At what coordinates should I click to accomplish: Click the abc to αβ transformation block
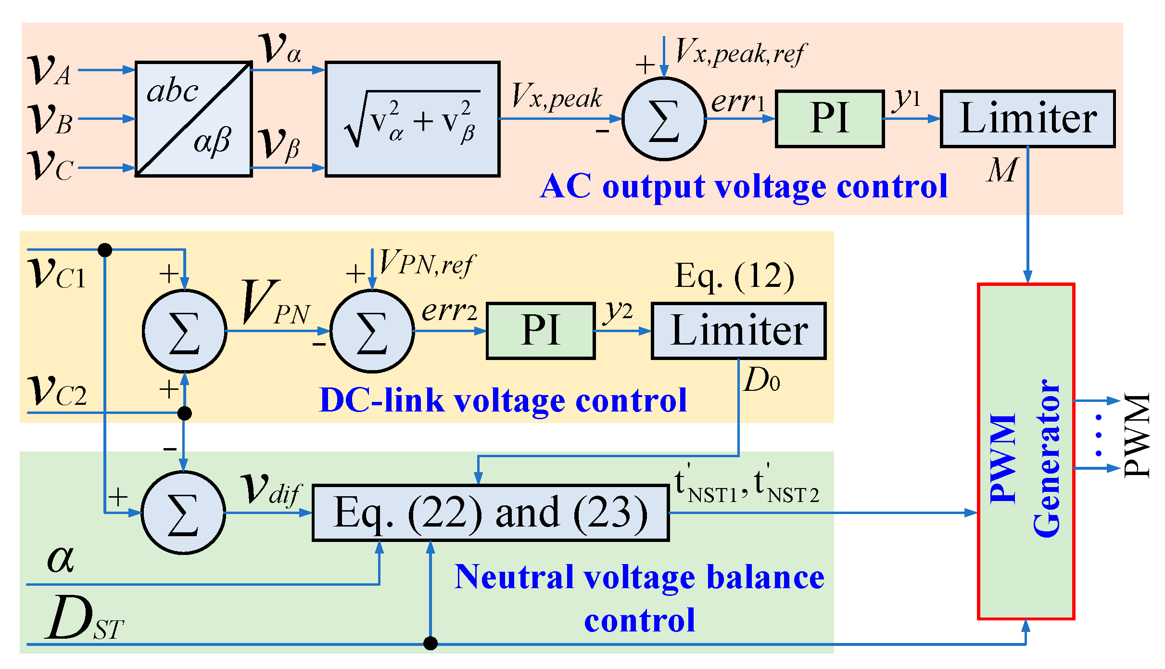click(x=194, y=119)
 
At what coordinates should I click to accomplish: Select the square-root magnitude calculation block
click(x=413, y=119)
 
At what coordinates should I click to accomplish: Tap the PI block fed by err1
click(x=830, y=118)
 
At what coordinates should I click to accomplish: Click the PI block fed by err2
click(x=541, y=331)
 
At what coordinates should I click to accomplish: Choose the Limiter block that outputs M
click(x=1027, y=118)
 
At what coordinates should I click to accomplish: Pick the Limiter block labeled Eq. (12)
click(x=738, y=331)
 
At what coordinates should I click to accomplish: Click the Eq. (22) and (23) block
click(x=491, y=513)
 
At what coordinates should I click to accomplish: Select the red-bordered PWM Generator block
click(x=1026, y=451)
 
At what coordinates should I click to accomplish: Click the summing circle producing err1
click(x=664, y=119)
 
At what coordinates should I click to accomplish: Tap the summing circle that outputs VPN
click(x=184, y=331)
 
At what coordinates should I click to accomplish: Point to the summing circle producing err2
click(x=372, y=331)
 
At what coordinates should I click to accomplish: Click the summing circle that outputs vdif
click(x=183, y=513)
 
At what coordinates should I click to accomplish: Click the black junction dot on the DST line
click(x=431, y=643)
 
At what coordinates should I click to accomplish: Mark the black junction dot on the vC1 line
click(x=105, y=250)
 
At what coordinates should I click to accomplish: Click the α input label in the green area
click(x=61, y=559)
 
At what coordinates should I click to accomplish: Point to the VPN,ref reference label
click(x=426, y=264)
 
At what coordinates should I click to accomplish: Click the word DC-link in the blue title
click(x=382, y=400)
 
